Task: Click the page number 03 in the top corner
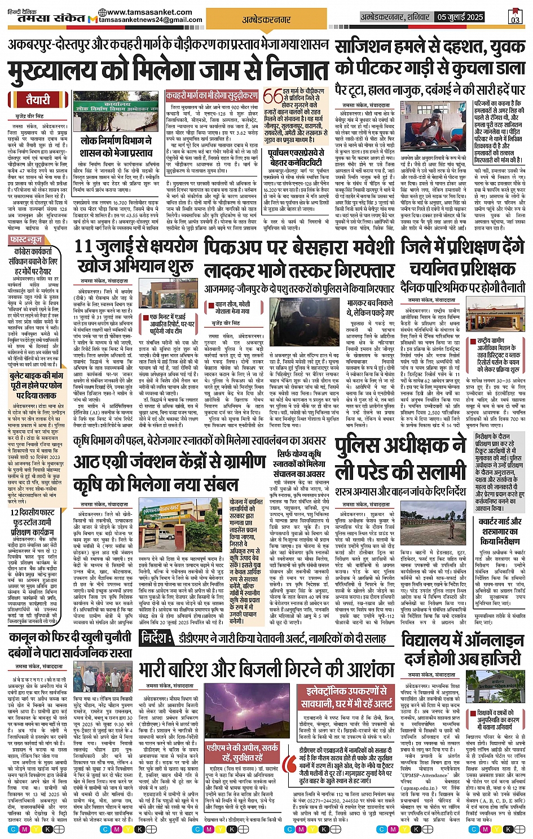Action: [515, 17]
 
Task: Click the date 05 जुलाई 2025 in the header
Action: [460, 17]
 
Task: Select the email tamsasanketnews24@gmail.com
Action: [151, 20]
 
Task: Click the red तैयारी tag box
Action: [38, 100]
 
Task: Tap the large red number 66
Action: [273, 98]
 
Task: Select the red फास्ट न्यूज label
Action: [26, 240]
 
